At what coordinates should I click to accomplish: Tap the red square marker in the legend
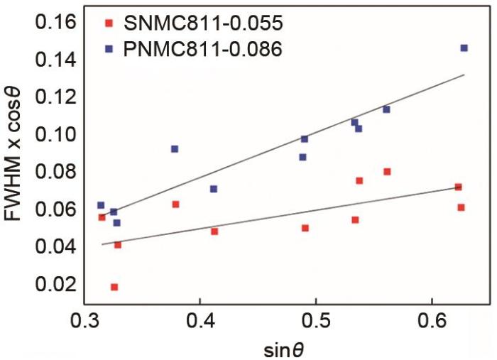tap(109, 24)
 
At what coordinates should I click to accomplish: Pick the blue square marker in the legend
tap(109, 50)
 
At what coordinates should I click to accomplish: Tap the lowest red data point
tap(114, 287)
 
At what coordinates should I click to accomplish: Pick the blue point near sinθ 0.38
tap(175, 149)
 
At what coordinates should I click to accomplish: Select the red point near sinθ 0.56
tap(387, 171)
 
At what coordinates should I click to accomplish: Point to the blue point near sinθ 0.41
tap(214, 189)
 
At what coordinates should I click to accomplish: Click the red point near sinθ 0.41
tap(214, 231)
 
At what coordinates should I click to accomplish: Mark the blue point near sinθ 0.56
tap(386, 109)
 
